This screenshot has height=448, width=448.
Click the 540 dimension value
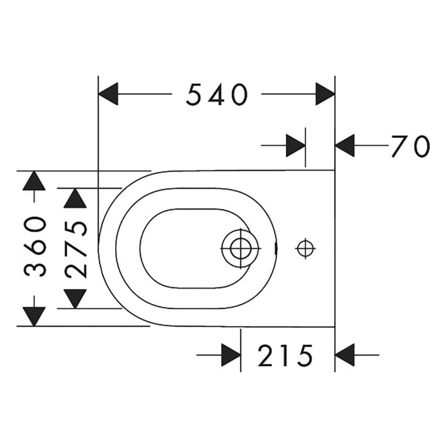point(217,94)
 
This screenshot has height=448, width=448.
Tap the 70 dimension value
point(411,146)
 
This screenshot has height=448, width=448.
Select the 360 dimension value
point(35,246)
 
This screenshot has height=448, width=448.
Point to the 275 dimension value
point(76,250)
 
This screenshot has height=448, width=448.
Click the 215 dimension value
point(285,355)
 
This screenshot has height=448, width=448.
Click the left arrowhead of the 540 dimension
point(108,93)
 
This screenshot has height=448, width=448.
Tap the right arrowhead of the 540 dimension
point(325,93)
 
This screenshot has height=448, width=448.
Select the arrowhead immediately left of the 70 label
point(345,145)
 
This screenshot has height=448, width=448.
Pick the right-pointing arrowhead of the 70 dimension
point(296,145)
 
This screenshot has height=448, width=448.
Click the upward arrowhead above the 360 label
point(34,181)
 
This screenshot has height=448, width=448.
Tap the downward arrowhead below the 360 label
point(34,317)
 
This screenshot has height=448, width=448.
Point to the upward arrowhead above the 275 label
point(75,198)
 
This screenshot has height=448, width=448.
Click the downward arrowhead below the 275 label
point(75,299)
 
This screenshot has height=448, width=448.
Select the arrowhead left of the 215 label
point(231,355)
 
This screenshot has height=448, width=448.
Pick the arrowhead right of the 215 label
point(345,355)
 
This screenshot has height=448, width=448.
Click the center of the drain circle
point(241,248)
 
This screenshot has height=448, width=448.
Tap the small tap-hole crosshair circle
point(305,248)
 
